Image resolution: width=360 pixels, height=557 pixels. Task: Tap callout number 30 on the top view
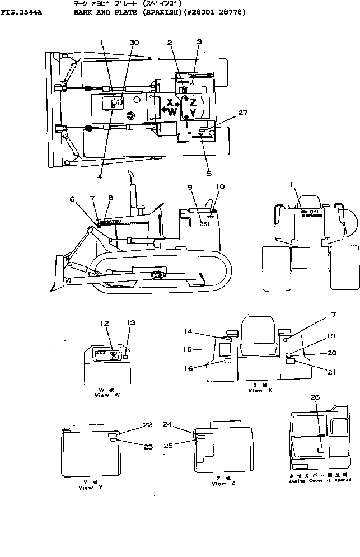[x=134, y=43]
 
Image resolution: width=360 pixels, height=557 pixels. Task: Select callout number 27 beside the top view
[x=242, y=113]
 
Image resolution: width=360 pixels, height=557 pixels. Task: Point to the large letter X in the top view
[x=169, y=102]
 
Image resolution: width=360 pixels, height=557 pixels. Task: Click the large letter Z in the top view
[x=193, y=102]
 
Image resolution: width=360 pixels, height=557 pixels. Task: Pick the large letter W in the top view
[x=172, y=112]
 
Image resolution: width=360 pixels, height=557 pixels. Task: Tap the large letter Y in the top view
[x=193, y=113]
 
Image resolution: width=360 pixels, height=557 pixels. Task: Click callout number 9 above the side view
[x=190, y=187]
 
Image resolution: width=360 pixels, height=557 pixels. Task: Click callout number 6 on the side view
[x=72, y=199]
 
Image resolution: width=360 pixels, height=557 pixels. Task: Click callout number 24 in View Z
[x=168, y=425]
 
